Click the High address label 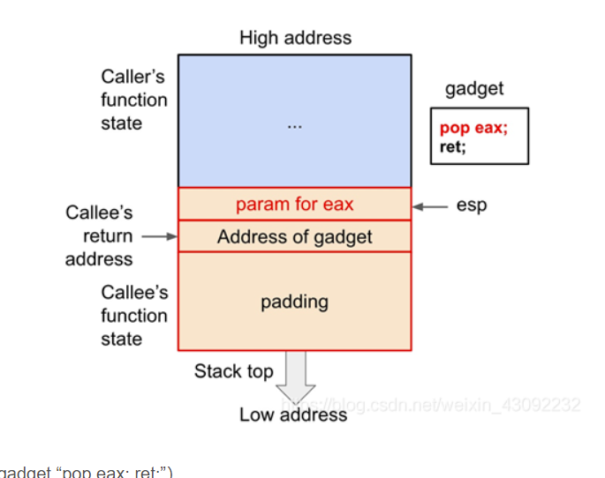[x=295, y=38]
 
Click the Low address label [x=293, y=414]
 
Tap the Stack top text [x=233, y=371]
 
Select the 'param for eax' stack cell [x=294, y=204]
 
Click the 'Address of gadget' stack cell [x=294, y=236]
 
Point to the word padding [x=294, y=302]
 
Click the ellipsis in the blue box [x=294, y=125]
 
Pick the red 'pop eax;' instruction [x=473, y=129]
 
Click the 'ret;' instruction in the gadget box [x=451, y=146]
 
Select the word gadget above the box [x=474, y=89]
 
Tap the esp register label [x=472, y=205]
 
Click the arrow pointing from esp [x=432, y=206]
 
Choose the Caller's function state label [x=132, y=100]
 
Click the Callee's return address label [x=99, y=235]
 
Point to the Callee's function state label [x=133, y=315]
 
